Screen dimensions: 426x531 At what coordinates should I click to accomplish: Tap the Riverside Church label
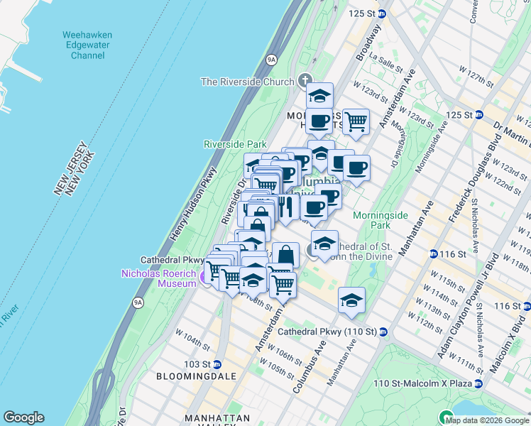click(247, 82)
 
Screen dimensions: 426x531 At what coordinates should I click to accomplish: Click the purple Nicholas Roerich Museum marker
click(207, 277)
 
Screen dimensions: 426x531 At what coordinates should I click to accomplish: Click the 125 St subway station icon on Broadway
click(382, 13)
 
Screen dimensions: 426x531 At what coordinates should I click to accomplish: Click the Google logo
click(23, 417)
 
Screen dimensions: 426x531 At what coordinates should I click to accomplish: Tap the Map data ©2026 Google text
click(487, 420)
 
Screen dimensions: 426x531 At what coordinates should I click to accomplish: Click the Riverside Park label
click(235, 144)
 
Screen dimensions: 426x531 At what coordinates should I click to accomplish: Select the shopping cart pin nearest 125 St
click(355, 121)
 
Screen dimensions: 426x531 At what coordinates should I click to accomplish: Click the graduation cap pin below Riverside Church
click(319, 96)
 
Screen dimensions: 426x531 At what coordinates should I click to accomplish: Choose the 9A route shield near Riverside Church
click(270, 60)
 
